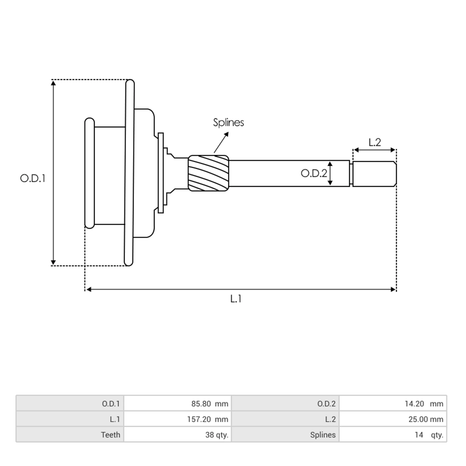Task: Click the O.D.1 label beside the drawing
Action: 33,179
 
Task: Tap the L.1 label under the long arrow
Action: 236,299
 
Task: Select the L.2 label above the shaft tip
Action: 375,143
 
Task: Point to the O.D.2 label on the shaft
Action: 314,173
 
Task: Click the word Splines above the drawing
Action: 228,122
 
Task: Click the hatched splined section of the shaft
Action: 209,173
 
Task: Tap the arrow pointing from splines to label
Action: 221,143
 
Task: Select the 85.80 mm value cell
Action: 177,403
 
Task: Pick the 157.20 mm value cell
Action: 177,419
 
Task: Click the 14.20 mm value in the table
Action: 393,403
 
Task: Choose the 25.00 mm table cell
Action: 393,419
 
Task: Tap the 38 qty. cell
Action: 177,435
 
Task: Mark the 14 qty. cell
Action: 393,435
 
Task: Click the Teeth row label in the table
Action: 70,435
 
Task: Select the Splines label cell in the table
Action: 285,435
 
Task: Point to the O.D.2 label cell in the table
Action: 285,403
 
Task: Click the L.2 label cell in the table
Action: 285,419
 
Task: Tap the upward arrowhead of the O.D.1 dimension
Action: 54,83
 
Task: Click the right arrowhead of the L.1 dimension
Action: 393,289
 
